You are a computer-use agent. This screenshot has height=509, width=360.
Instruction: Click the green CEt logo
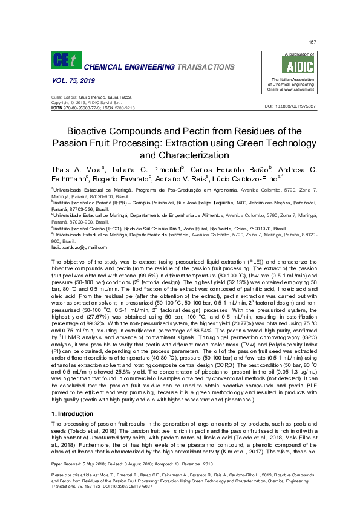click(64, 60)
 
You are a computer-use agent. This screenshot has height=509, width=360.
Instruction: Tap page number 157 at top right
click(313, 42)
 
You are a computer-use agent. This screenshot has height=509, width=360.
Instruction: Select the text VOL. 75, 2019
click(70, 80)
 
